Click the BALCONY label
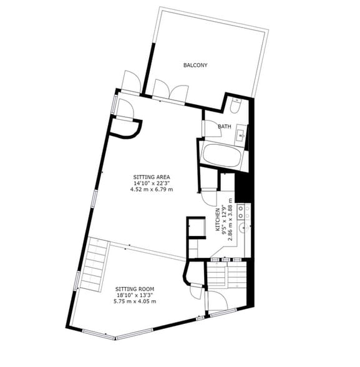pos(195,65)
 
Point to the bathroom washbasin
pos(241,134)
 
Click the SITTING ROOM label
pos(135,289)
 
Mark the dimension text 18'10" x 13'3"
pos(135,295)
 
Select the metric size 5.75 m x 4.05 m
pos(135,301)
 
